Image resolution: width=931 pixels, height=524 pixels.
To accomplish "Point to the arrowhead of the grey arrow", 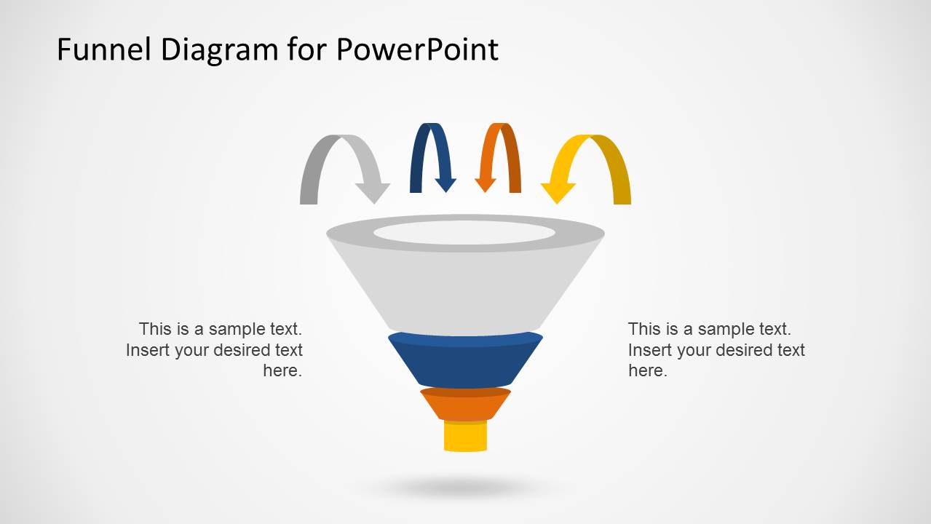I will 373,192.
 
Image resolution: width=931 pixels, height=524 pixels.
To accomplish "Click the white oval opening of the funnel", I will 464,233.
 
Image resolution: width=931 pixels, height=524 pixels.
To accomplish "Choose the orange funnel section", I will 464,405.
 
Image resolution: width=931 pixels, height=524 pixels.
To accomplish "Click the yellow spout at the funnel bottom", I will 465,437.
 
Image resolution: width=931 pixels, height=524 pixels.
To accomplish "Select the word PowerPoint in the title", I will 417,50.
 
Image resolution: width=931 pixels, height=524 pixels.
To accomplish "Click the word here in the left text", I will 282,371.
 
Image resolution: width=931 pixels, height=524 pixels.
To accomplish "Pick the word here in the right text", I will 647,371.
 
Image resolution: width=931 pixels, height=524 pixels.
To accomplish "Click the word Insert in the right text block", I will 649,350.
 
